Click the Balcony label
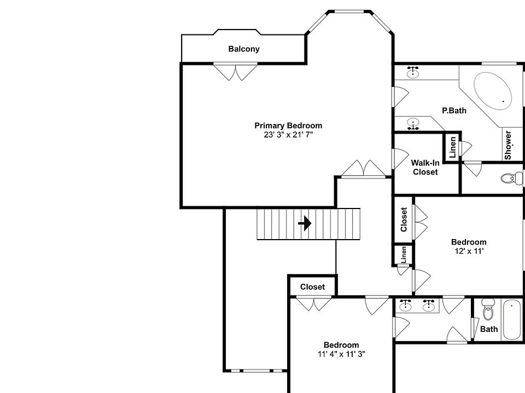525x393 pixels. coord(244,49)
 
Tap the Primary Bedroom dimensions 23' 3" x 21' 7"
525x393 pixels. coord(288,134)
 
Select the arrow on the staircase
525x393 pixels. coord(305,223)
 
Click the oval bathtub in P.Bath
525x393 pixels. coord(492,90)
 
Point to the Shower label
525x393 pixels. coord(508,145)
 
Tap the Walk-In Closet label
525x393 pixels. coord(425,167)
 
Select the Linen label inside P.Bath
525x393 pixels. coord(452,147)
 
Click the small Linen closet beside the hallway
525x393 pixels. coord(403,254)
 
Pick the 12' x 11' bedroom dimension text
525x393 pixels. coord(468,251)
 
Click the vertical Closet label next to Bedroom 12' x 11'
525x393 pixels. coord(404,219)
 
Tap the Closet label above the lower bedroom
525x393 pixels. coord(312,287)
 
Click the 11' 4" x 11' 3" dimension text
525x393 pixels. coord(341,354)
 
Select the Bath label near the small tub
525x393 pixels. coord(489,329)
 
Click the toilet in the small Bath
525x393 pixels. coord(488,312)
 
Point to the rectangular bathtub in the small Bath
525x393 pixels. coord(513,320)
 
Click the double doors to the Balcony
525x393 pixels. coord(235,72)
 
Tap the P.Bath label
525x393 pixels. coord(454,111)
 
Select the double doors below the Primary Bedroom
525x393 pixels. coord(365,169)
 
